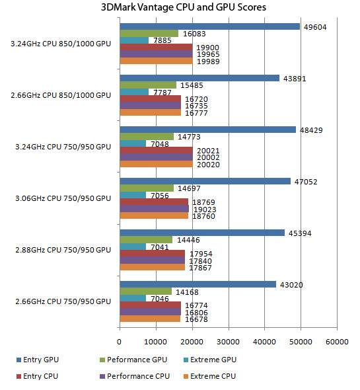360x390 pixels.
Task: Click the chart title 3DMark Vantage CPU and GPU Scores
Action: point(184,7)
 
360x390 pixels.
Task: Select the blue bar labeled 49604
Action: point(210,26)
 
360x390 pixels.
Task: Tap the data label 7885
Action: point(162,40)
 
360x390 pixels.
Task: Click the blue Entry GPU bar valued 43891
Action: point(199,78)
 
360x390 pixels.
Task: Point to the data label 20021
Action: point(208,151)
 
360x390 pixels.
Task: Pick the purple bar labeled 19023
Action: point(155,209)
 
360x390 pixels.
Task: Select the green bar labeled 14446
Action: point(146,239)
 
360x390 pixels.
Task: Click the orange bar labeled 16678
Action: point(150,319)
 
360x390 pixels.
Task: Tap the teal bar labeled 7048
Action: point(133,143)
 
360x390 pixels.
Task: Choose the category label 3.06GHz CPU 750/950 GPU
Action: point(63,198)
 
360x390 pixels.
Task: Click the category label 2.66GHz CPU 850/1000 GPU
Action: point(61,95)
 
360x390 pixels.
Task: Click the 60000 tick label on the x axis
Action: point(337,342)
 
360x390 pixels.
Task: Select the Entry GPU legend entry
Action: point(38,360)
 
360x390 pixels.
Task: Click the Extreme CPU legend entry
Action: point(209,376)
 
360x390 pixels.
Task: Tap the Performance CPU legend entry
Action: point(135,376)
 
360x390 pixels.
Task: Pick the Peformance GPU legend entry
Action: point(133,360)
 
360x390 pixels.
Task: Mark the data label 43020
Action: point(291,285)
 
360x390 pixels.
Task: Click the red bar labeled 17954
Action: point(153,253)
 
